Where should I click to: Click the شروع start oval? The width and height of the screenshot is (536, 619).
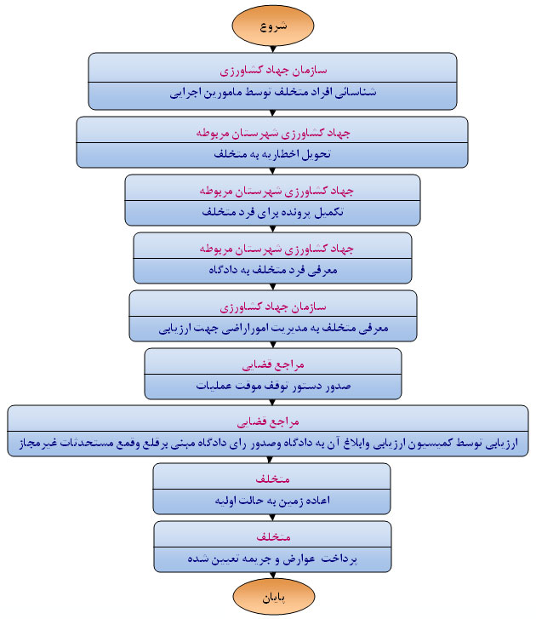click(271, 26)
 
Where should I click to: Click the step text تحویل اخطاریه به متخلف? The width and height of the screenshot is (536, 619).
click(271, 155)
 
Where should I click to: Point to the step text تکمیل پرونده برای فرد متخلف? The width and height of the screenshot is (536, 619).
click(271, 212)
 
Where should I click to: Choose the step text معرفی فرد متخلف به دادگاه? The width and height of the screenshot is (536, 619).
click(271, 270)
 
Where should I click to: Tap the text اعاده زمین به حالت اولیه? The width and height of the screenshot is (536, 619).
click(271, 501)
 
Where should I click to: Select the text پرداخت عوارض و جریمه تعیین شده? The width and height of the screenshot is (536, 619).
click(271, 559)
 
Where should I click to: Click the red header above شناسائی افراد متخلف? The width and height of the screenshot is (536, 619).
click(271, 66)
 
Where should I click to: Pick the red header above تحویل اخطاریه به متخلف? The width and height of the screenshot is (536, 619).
click(271, 133)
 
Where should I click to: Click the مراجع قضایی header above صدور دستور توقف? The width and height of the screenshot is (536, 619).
click(271, 364)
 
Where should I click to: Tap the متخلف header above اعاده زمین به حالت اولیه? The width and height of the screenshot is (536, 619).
click(271, 479)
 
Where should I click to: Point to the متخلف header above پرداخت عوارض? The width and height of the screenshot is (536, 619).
click(271, 537)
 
